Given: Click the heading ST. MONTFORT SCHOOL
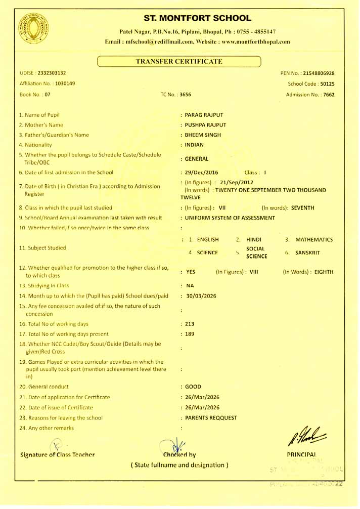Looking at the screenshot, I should point(197,18).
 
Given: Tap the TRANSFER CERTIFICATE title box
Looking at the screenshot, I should point(179,62).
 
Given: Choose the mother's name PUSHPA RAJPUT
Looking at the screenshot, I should point(206,125).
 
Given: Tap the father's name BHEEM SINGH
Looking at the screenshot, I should point(203,135).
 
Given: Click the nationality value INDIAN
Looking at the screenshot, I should point(195,145).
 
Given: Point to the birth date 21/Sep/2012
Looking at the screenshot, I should point(234,182).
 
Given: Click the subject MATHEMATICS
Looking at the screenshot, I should point(314,239).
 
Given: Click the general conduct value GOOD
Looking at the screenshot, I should point(193,387).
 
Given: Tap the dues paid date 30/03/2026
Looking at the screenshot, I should point(201,296).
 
